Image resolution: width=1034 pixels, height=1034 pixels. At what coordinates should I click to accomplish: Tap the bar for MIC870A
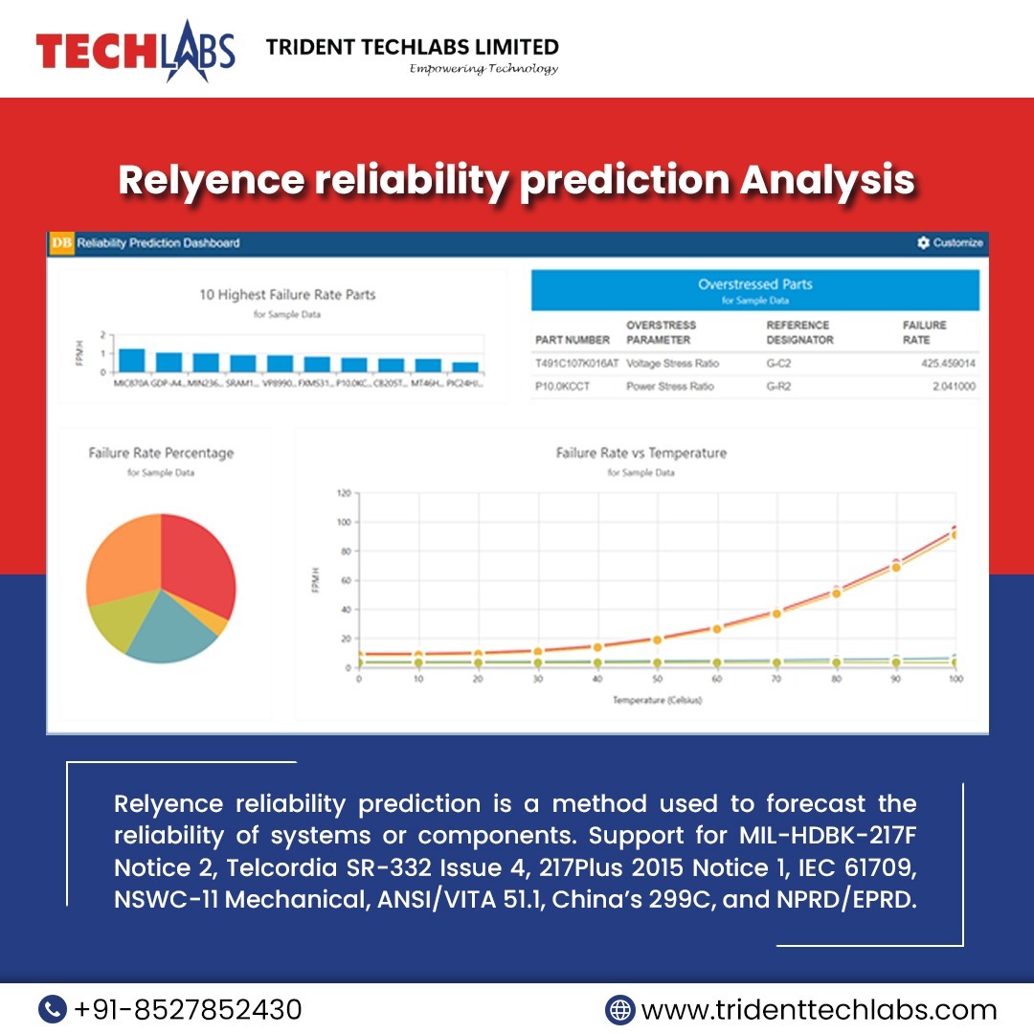pos(131,361)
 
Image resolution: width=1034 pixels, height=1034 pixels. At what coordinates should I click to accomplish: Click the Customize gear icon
pos(923,243)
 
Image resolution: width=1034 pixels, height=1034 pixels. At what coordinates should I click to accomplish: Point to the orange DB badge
pos(61,243)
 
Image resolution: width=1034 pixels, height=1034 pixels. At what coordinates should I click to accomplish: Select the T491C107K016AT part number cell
pos(577,364)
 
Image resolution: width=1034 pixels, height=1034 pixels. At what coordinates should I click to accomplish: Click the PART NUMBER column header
pos(573,340)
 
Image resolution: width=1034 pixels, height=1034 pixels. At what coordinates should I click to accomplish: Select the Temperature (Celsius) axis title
pos(658,701)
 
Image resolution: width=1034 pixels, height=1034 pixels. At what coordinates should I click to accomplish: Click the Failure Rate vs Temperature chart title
pos(641,453)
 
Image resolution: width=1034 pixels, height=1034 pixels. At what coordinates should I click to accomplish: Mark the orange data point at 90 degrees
pos(896,568)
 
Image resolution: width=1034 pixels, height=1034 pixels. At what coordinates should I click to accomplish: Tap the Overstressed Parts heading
pos(755,284)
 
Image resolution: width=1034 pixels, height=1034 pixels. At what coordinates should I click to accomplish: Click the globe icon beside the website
pos(620,1009)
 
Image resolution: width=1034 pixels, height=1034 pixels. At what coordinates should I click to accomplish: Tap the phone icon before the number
pos(53,1009)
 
